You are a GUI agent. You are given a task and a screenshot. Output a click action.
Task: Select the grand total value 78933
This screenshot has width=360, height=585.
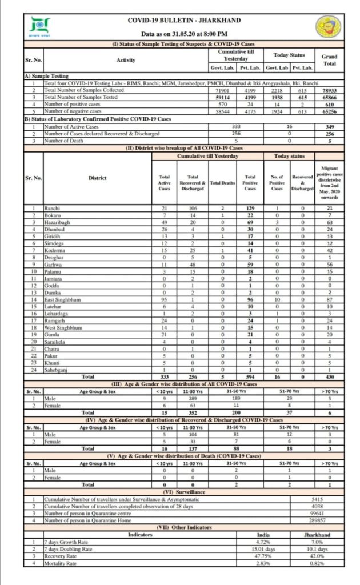(329, 90)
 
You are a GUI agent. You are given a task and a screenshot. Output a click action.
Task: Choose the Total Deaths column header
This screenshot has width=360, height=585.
(222, 182)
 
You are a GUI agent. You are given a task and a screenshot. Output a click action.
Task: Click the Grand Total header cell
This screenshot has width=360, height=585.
(329, 60)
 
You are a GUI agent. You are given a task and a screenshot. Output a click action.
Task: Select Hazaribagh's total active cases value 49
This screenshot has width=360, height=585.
(164, 223)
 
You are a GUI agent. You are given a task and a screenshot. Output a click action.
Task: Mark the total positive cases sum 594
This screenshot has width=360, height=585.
(250, 376)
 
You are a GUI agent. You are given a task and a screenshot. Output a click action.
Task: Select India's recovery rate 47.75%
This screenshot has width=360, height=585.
(262, 556)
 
